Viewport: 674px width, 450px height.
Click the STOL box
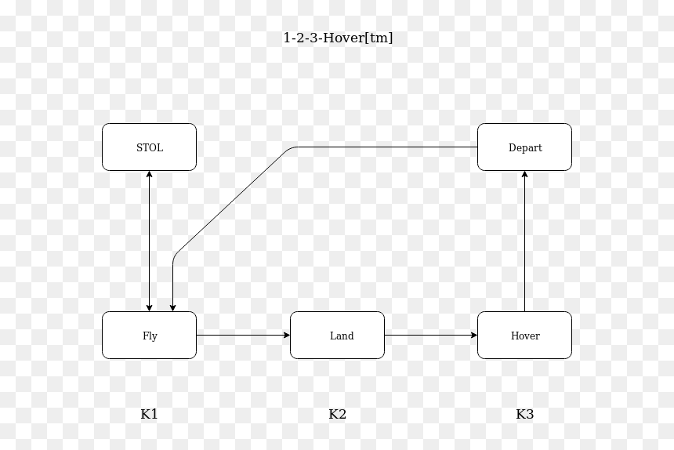pos(149,147)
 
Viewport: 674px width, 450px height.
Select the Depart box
pos(524,147)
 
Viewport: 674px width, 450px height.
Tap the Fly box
pos(149,336)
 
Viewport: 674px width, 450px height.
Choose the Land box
pos(338,336)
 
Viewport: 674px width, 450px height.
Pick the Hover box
pos(524,336)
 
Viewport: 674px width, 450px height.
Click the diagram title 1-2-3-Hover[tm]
pos(339,38)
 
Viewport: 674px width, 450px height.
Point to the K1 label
pos(149,414)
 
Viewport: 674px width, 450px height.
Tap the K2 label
pos(338,414)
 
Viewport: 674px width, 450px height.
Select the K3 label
pos(525,414)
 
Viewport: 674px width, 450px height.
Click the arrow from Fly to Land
pos(243,336)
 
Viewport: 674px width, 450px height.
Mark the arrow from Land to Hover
pos(431,336)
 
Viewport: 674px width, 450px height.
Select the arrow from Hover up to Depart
pos(524,241)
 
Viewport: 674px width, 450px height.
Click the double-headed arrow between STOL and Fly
pos(149,241)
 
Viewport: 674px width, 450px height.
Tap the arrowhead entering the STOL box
pos(149,174)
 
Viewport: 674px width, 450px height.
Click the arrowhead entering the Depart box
pos(524,174)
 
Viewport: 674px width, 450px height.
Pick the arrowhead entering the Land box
pos(287,336)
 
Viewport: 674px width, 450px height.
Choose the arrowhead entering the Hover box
pos(474,336)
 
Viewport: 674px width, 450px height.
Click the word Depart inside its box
pos(525,148)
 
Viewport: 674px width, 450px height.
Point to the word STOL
pos(150,147)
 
